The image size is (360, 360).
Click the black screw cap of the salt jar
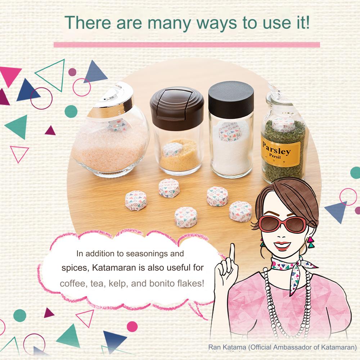231,100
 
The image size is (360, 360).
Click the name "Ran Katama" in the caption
227,347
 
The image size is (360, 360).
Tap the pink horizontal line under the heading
186,45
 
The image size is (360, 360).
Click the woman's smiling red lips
282,246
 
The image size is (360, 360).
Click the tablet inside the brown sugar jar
172,149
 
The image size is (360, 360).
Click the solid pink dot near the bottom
132,327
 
